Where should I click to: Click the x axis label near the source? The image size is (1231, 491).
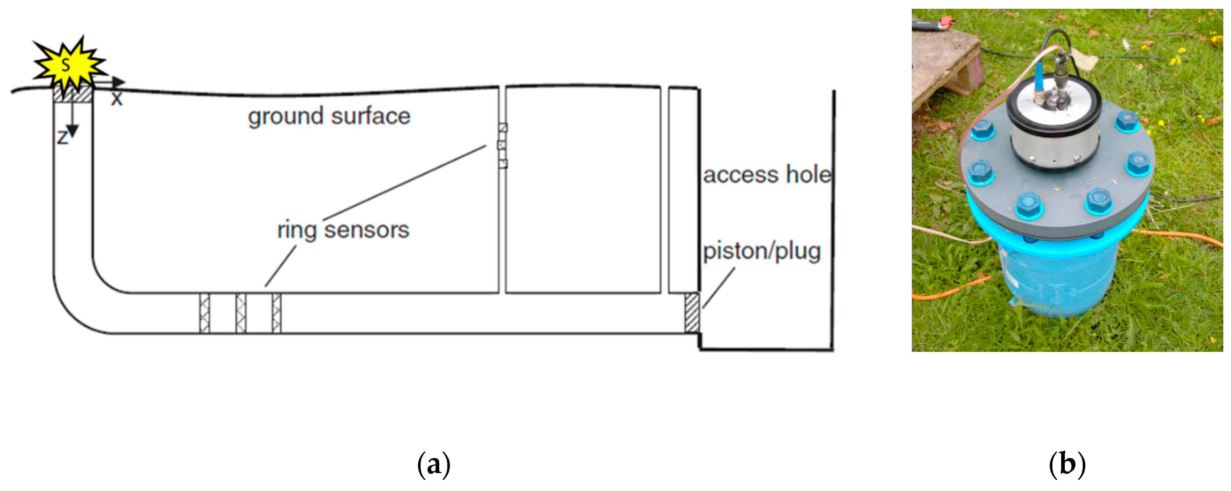click(117, 99)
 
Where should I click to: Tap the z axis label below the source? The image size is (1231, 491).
click(63, 138)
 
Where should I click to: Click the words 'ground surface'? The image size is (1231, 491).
click(329, 116)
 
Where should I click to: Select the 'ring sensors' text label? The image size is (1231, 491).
click(343, 230)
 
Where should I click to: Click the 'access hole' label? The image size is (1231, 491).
click(766, 175)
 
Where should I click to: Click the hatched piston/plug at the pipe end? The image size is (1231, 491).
click(691, 313)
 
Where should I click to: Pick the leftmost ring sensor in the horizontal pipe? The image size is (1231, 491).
click(205, 313)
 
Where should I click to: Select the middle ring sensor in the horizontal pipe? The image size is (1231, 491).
click(241, 313)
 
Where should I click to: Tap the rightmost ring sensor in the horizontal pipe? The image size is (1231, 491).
click(276, 313)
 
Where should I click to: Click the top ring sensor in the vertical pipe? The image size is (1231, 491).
click(502, 128)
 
